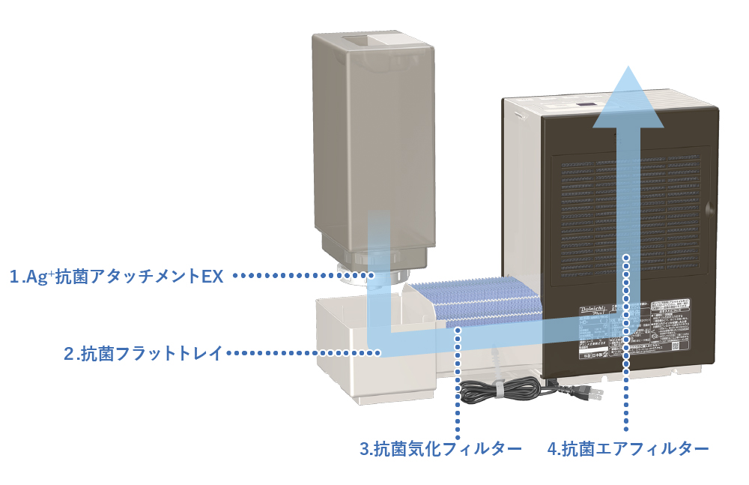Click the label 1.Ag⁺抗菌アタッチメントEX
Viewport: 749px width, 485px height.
pos(116,277)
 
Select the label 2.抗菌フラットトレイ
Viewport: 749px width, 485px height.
pos(142,353)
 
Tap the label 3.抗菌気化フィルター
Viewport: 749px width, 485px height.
pos(440,449)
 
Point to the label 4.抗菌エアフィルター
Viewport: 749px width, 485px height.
pos(628,449)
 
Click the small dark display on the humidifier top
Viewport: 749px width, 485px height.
pos(585,106)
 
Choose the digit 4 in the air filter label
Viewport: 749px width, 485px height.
pos(553,449)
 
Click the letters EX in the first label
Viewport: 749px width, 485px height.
pos(213,277)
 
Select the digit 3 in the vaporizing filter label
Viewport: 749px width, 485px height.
pos(364,449)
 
